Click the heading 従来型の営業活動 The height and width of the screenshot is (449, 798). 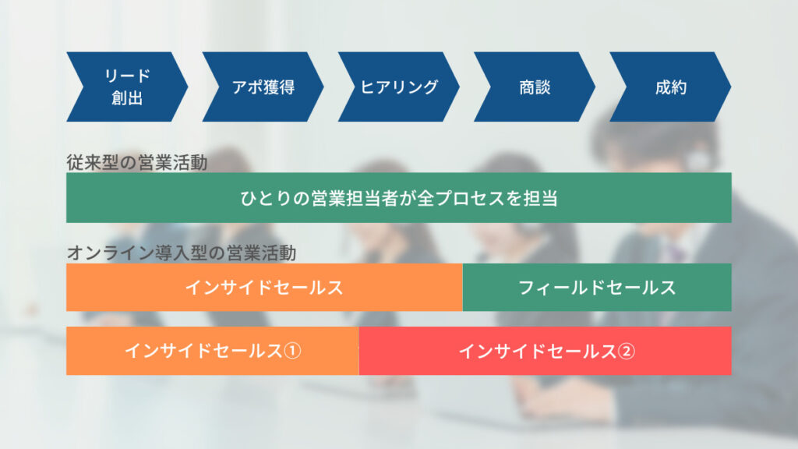(x=137, y=163)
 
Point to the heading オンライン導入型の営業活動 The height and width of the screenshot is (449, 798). (x=181, y=253)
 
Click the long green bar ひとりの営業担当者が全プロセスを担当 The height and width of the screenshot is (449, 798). (x=399, y=197)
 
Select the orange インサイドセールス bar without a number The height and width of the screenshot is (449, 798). (x=264, y=287)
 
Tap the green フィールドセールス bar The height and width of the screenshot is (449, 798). (x=597, y=287)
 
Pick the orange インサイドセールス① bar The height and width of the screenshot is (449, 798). (x=212, y=351)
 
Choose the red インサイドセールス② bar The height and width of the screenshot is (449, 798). (x=545, y=351)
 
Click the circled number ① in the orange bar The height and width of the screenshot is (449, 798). (x=292, y=351)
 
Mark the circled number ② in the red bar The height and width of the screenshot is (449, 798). (x=626, y=352)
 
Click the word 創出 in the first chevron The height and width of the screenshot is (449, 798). (x=127, y=97)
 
